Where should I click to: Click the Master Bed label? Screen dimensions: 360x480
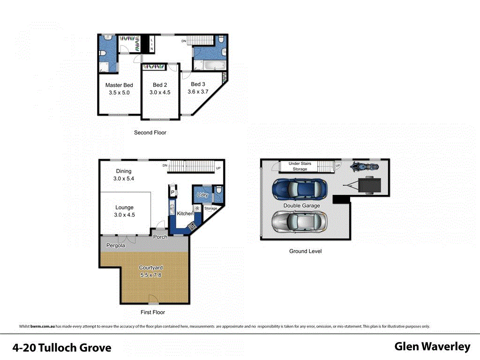pyautogui.click(x=119, y=85)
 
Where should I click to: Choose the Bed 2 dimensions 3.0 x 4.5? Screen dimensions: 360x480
pyautogui.click(x=160, y=93)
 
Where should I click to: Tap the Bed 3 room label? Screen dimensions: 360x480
pyautogui.click(x=198, y=84)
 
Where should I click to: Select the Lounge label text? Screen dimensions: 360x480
pyautogui.click(x=124, y=208)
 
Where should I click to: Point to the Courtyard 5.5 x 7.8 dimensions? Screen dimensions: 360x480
pyautogui.click(x=151, y=275)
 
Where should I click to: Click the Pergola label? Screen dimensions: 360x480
pyautogui.click(x=115, y=246)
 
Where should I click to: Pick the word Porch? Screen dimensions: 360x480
pyautogui.click(x=160, y=237)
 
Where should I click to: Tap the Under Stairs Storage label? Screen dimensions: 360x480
pyautogui.click(x=300, y=166)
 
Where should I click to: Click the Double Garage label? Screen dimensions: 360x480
pyautogui.click(x=301, y=206)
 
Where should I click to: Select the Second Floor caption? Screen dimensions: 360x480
pyautogui.click(x=150, y=133)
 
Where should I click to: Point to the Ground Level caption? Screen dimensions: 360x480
pyautogui.click(x=305, y=251)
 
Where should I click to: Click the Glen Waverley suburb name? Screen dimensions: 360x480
pyautogui.click(x=432, y=346)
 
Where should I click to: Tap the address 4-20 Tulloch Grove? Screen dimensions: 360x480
pyautogui.click(x=62, y=348)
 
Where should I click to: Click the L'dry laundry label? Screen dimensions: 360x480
pyautogui.click(x=202, y=195)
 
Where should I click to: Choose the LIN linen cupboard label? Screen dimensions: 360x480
pyautogui.click(x=151, y=45)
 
